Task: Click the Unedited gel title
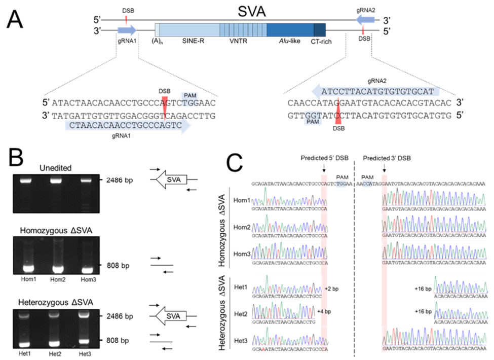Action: point(64,168)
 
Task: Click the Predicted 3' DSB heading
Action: point(386,159)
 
